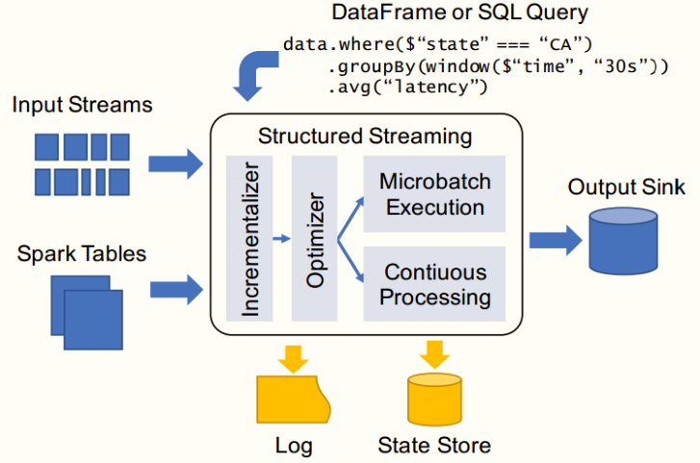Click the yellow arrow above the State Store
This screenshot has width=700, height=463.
[x=434, y=354]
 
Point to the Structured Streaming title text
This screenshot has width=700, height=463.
[x=365, y=136]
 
